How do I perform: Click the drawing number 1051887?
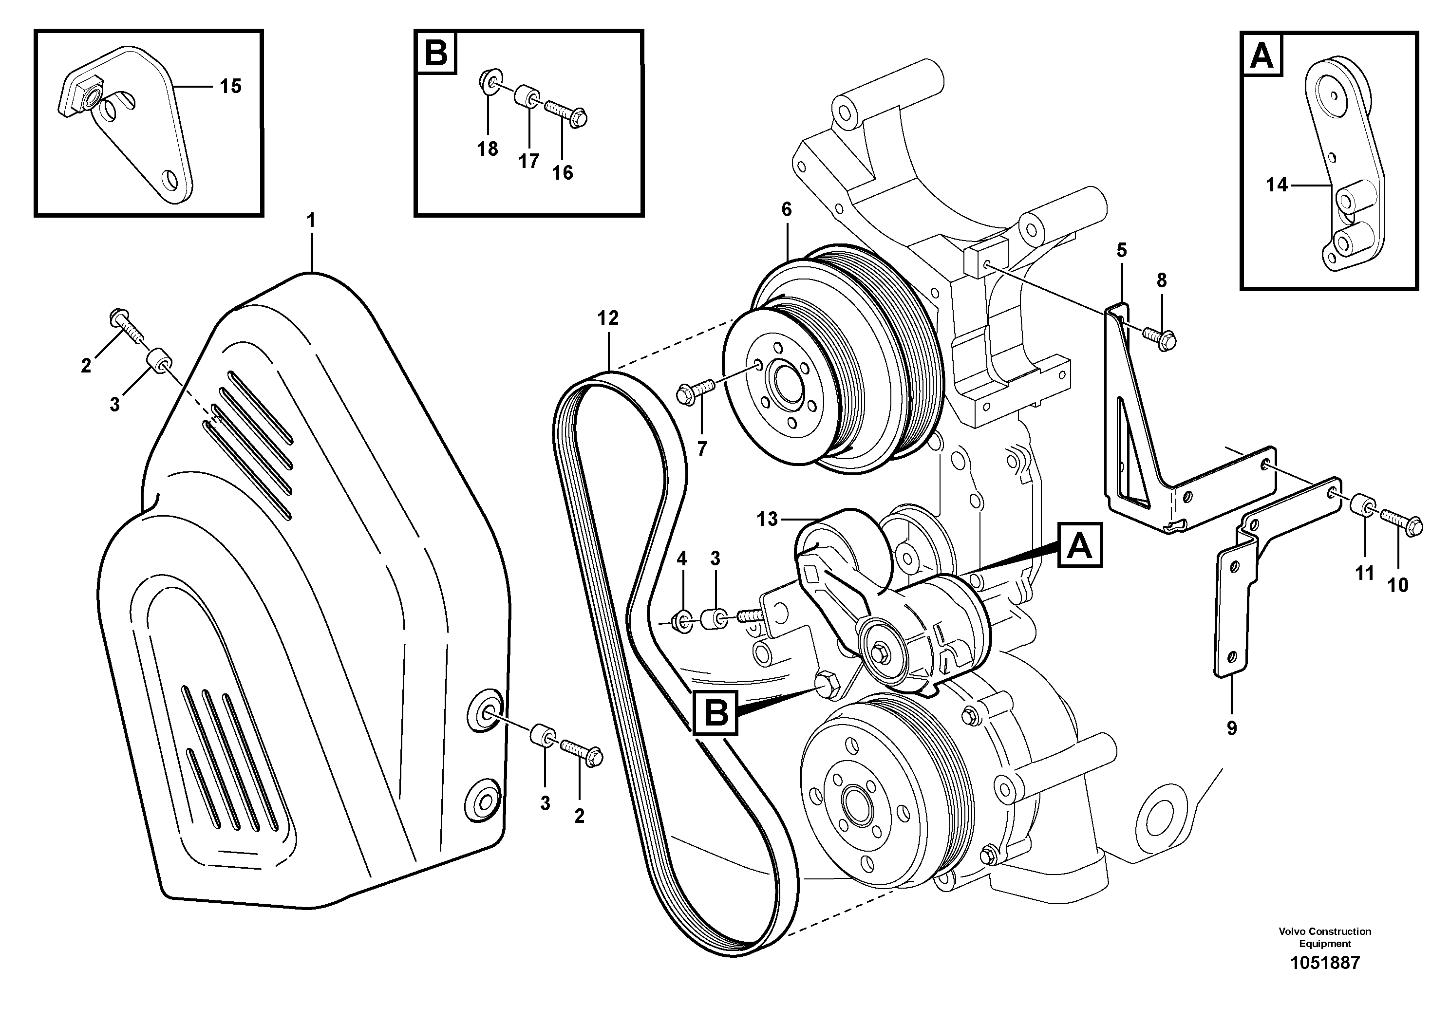[x=1325, y=963]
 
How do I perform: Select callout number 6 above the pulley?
[x=786, y=209]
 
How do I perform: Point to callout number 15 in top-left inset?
[x=230, y=86]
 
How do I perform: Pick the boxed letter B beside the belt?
[x=716, y=713]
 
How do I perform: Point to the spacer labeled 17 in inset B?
[x=526, y=97]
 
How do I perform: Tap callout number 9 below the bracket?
[x=1231, y=728]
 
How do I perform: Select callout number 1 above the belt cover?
[x=311, y=221]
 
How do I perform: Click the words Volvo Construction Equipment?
[x=1325, y=937]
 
